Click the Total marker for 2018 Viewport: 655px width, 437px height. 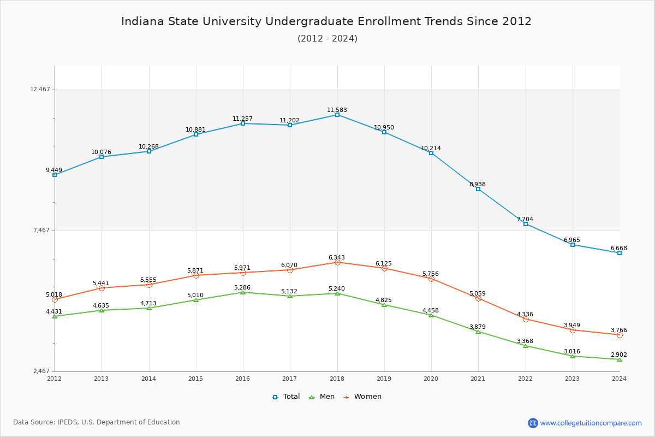[x=337, y=115]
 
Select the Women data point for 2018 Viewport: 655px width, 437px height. [x=337, y=263]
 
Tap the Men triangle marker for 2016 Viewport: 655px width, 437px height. [x=243, y=292]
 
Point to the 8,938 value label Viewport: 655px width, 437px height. [x=477, y=185]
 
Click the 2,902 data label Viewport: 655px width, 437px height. [x=618, y=355]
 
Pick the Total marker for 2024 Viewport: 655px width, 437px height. [x=620, y=253]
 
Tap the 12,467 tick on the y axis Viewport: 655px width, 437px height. [x=40, y=90]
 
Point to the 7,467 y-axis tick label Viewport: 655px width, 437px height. [x=41, y=231]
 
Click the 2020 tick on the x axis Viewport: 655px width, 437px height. [x=431, y=378]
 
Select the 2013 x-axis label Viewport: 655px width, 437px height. [x=102, y=378]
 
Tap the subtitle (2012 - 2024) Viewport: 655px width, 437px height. [x=327, y=39]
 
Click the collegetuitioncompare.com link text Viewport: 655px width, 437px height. [x=591, y=423]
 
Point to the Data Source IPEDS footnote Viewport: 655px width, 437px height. [x=97, y=422]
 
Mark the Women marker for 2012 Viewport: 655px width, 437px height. [x=55, y=299]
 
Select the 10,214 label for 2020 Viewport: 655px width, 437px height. [x=431, y=149]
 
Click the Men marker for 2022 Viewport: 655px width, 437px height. [x=526, y=346]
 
